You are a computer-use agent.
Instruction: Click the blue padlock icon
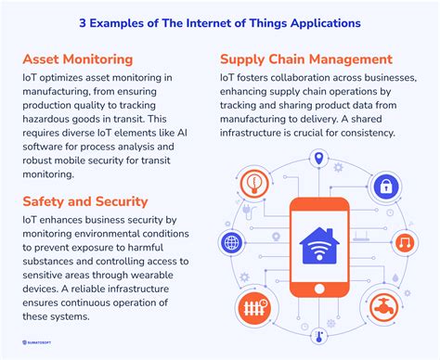(x=383, y=186)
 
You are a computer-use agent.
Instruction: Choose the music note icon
(x=404, y=243)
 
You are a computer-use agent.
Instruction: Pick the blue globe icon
(x=230, y=243)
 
